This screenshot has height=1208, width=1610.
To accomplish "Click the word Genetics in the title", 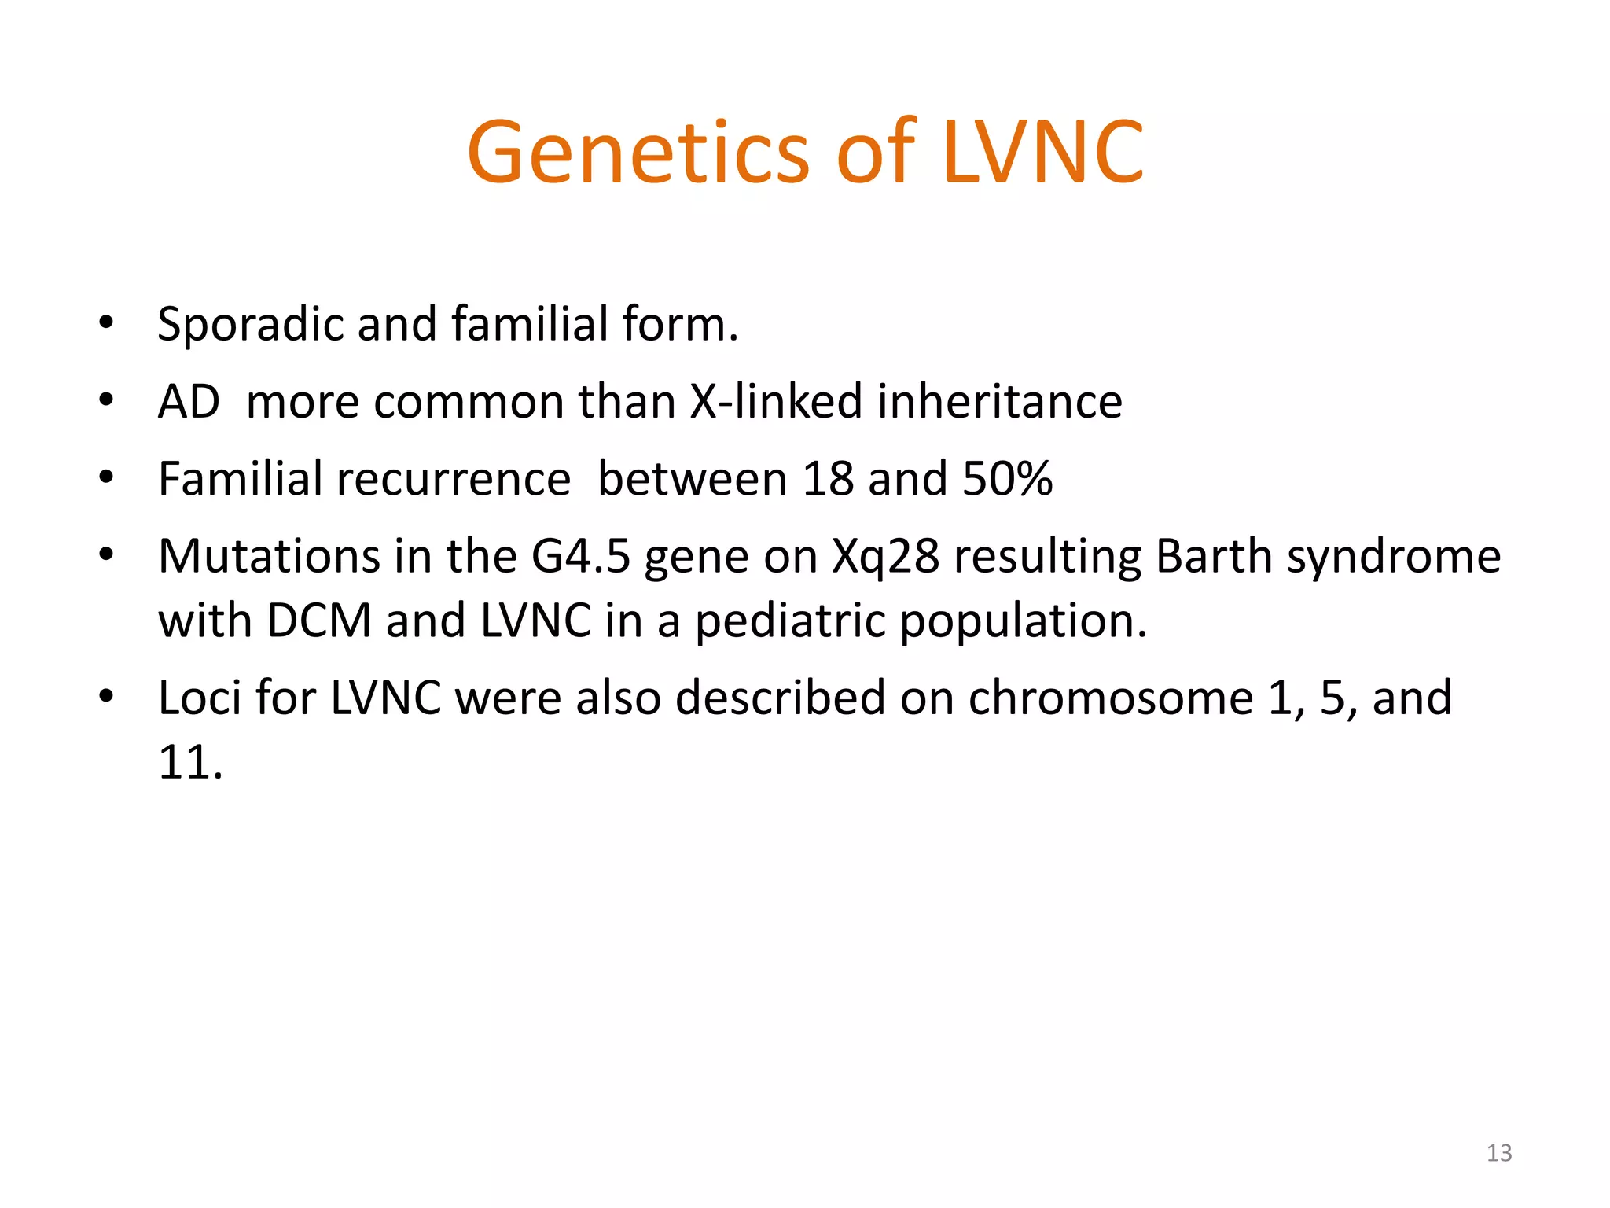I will click(x=638, y=153).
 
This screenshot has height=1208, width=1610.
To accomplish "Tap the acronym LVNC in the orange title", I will click(x=1042, y=153).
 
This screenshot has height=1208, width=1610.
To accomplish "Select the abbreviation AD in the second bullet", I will click(x=189, y=401).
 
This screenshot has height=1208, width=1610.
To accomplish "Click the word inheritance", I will click(x=999, y=401).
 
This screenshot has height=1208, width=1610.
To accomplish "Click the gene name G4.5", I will click(x=580, y=556).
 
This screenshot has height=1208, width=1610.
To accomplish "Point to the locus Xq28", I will click(x=885, y=556).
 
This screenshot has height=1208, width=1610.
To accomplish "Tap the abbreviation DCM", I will click(x=318, y=621).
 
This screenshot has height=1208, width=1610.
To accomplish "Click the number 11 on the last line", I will click(x=182, y=762).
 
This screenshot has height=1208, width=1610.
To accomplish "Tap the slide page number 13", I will click(x=1498, y=1153).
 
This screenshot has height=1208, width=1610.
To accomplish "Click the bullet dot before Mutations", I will click(x=107, y=555).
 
